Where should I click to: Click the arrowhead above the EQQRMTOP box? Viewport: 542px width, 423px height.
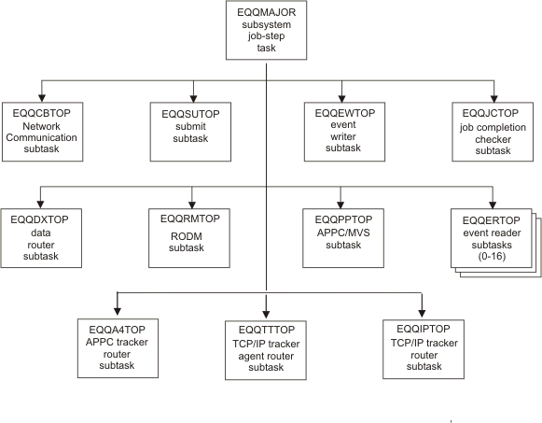point(191,203)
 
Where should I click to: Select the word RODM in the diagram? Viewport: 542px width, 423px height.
point(191,236)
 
